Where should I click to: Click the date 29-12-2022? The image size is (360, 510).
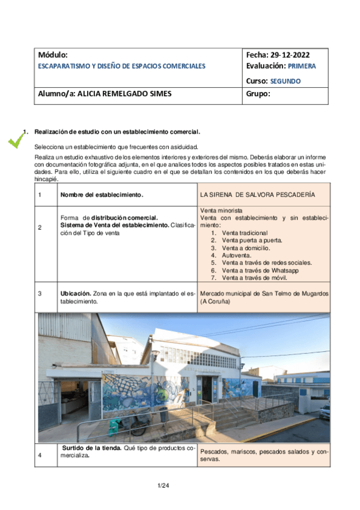294,55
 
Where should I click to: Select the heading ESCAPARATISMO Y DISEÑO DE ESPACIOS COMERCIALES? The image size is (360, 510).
121,66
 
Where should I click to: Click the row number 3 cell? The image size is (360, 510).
40,293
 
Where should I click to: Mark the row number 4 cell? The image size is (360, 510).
40,455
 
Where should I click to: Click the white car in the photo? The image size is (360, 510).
325,411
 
